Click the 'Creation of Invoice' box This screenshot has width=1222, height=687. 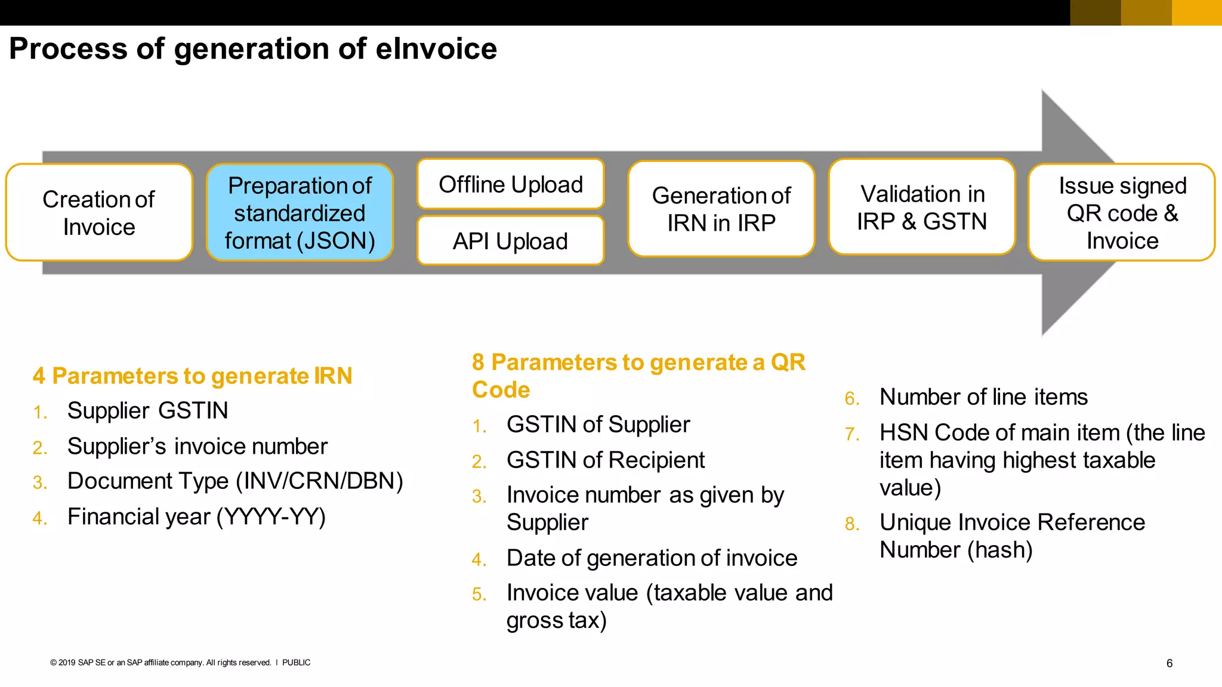pos(99,213)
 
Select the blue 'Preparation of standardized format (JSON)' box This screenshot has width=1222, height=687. pos(300,213)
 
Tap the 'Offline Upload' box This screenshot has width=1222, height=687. pos(511,184)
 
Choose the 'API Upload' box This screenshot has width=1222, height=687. pos(511,241)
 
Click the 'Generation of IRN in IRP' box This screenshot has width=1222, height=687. pos(721,209)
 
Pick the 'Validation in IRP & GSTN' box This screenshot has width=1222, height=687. pos(922,207)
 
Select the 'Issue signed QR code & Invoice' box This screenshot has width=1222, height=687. pos(1122,213)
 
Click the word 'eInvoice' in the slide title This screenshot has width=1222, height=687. pos(436,49)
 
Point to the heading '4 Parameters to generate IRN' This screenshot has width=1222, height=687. pos(192,376)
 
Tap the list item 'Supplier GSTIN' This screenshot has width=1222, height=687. pos(147,411)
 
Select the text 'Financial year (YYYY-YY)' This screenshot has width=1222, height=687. pos(196,516)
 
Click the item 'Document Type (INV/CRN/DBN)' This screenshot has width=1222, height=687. pos(235,481)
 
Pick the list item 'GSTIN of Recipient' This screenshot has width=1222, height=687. pos(605,460)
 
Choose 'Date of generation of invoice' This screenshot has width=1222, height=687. pos(652,558)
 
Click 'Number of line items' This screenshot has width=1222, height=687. pos(983,397)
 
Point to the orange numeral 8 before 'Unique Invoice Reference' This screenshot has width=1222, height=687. pos(851,524)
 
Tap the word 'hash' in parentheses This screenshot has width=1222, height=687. pos(999,550)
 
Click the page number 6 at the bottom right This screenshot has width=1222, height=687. pos(1169,663)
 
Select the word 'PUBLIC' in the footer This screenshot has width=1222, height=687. pos(296,663)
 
